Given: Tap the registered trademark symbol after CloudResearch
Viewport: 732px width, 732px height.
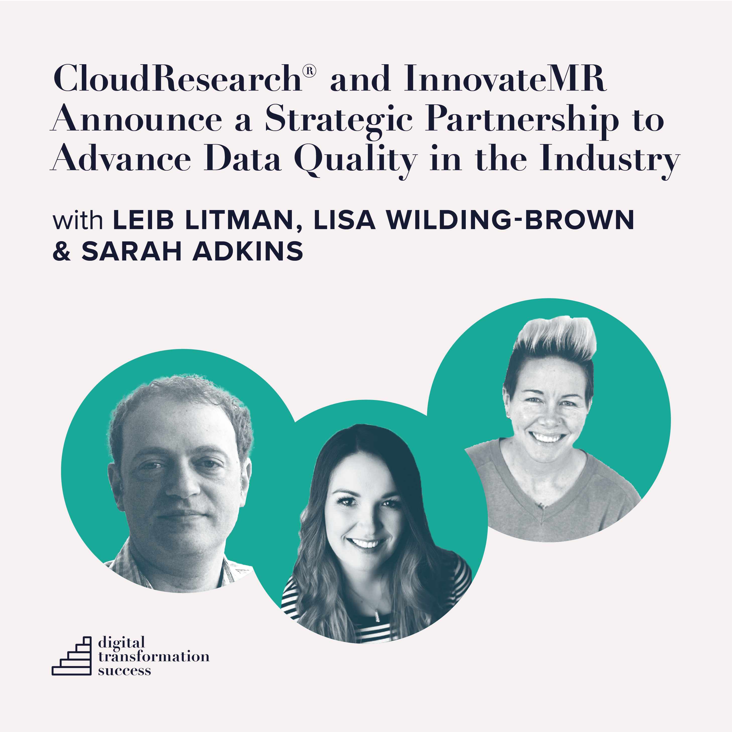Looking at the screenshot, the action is tap(310, 71).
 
